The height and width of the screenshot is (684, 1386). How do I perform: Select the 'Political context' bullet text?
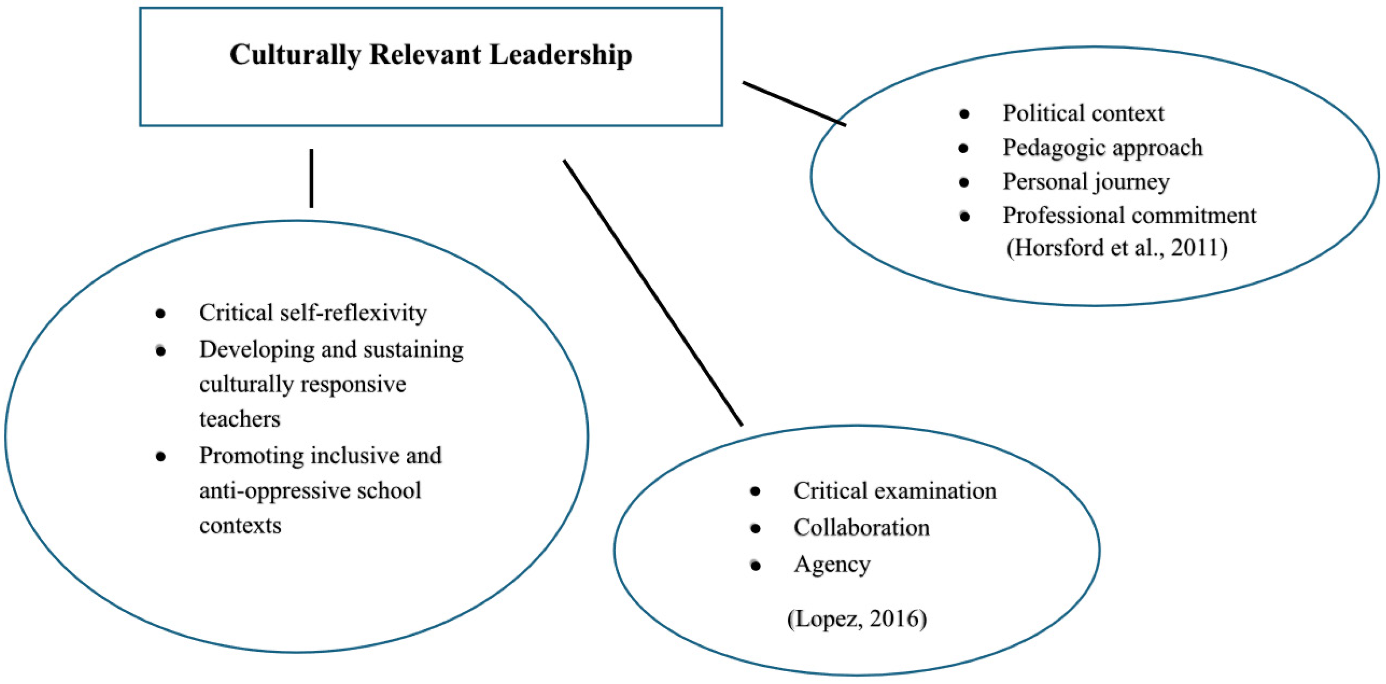point(1083,114)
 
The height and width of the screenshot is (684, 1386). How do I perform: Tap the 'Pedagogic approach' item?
point(1102,148)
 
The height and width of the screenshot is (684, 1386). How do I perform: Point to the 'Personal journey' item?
point(1086,182)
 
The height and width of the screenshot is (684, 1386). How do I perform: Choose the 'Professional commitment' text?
point(1129,216)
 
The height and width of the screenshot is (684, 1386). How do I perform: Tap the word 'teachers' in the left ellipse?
point(239,419)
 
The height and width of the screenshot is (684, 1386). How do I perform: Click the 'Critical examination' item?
point(895,491)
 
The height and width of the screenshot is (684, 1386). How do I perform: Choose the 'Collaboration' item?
point(861,527)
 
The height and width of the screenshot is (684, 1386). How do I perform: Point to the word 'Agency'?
point(832,565)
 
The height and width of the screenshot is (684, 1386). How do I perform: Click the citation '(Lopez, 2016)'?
point(856,619)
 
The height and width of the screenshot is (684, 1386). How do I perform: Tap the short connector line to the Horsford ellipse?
point(794,104)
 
